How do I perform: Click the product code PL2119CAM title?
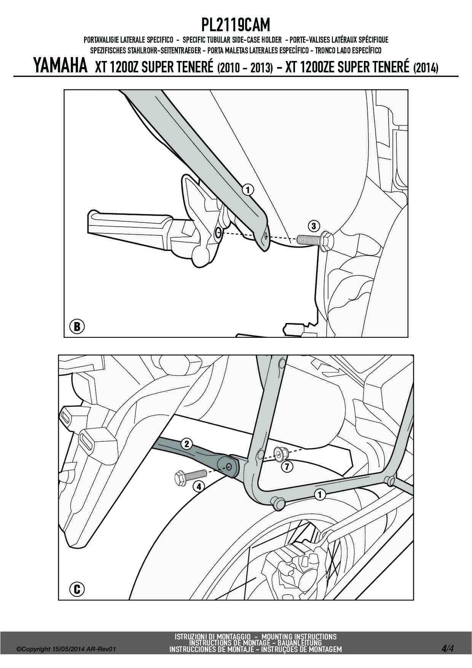point(236,26)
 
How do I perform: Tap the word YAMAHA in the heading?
point(61,66)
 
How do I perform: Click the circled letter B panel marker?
point(77,326)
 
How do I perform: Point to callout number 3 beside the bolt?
point(313,226)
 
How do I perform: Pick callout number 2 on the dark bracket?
point(187,443)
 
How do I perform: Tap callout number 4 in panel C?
point(198,486)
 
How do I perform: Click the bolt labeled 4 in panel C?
point(190,476)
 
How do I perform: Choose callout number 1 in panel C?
point(320,495)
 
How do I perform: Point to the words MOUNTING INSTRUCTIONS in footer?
point(299,636)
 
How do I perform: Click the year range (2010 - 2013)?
point(244,68)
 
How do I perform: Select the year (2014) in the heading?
point(425,68)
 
